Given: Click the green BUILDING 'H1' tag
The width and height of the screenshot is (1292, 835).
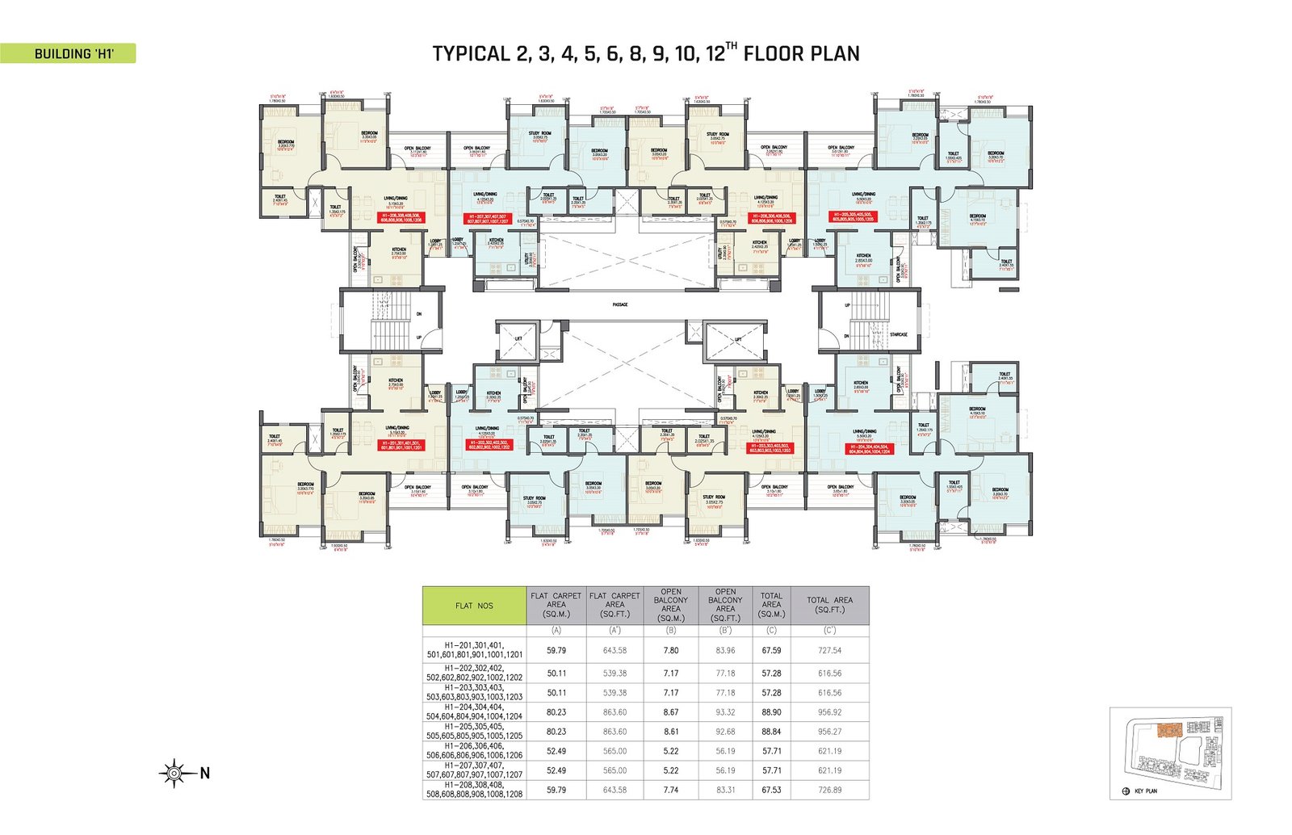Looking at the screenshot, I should (x=68, y=54).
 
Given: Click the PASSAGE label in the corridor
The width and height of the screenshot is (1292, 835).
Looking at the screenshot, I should (x=619, y=304).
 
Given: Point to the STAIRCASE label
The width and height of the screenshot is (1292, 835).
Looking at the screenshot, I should (x=898, y=334).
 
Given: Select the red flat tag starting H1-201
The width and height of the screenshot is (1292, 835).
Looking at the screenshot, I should (x=412, y=446).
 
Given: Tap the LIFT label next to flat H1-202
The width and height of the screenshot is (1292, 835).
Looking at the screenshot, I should (x=518, y=339).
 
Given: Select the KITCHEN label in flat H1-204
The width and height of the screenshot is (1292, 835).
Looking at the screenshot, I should (x=861, y=383).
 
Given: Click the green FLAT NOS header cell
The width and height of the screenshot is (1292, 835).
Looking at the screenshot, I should (x=474, y=606).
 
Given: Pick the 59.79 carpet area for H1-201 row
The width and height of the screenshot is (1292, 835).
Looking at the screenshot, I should (x=556, y=650).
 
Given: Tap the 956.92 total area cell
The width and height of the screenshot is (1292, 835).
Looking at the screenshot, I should (x=829, y=712).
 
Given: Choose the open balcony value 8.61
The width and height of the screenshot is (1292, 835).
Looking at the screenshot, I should (x=670, y=732).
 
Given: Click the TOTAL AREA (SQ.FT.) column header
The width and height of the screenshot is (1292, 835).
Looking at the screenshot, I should (x=829, y=604).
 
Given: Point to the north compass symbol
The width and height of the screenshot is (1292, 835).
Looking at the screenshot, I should (x=174, y=773).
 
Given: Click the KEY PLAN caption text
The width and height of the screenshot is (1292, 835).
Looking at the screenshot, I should (x=1145, y=791).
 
